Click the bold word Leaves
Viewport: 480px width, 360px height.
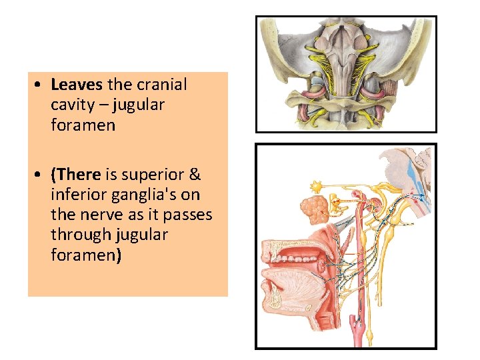tap(77, 85)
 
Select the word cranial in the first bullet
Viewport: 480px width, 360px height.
tap(161, 85)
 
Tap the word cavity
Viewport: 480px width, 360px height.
tap(70, 105)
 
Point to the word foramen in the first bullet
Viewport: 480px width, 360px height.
tap(83, 125)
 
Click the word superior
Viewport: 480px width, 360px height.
tap(159, 175)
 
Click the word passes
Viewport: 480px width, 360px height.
tap(189, 215)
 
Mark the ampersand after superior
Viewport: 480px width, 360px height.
tap(195, 175)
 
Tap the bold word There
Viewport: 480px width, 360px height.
tap(79, 175)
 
